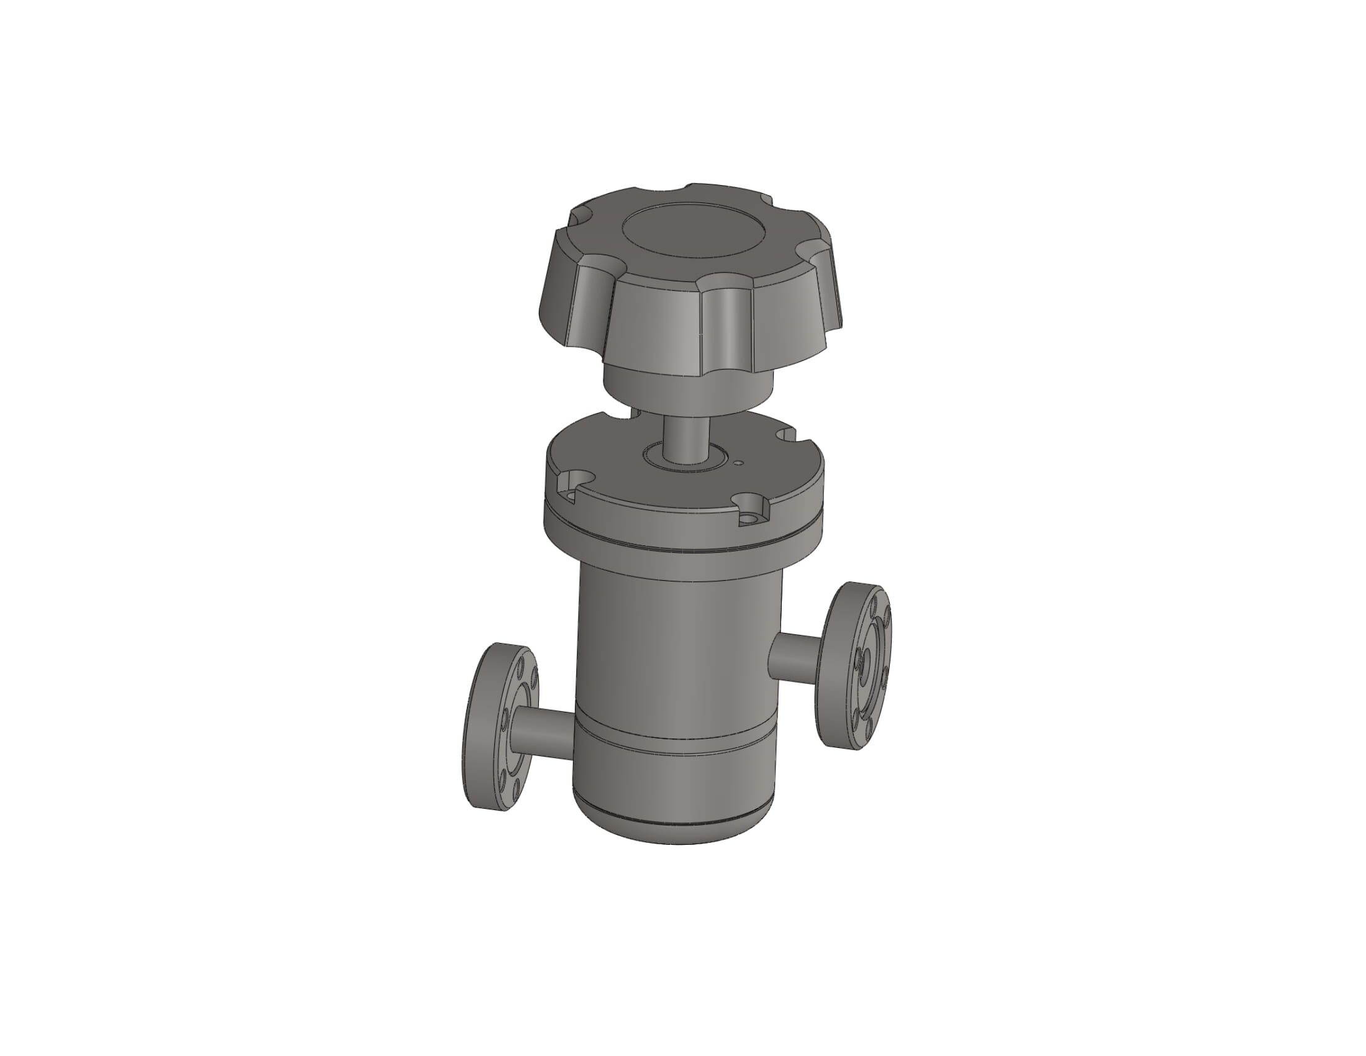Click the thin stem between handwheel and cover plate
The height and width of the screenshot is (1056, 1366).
(x=686, y=438)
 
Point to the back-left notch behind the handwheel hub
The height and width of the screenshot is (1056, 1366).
(x=616, y=414)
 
